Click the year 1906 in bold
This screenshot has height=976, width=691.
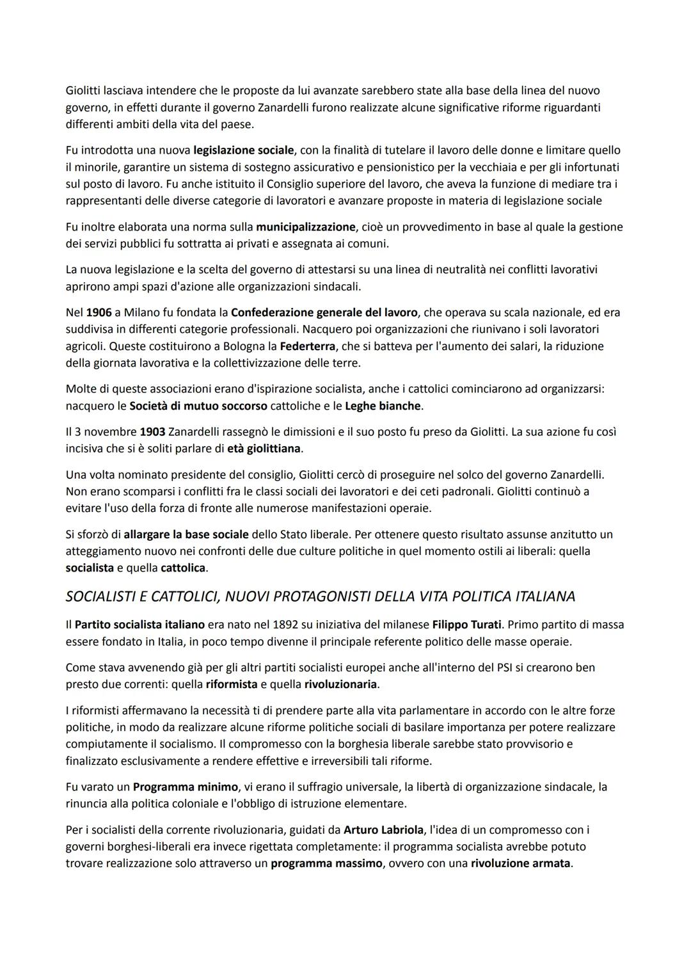99,313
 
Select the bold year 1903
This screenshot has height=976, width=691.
152,432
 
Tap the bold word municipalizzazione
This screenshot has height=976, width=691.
306,227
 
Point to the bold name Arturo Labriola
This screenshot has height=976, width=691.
384,830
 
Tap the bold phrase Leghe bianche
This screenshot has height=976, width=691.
383,406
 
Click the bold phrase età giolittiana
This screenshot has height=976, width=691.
264,449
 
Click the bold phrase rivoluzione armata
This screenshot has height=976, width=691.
520,863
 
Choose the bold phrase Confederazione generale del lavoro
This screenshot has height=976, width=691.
324,313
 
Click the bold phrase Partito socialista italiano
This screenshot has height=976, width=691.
139,624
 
